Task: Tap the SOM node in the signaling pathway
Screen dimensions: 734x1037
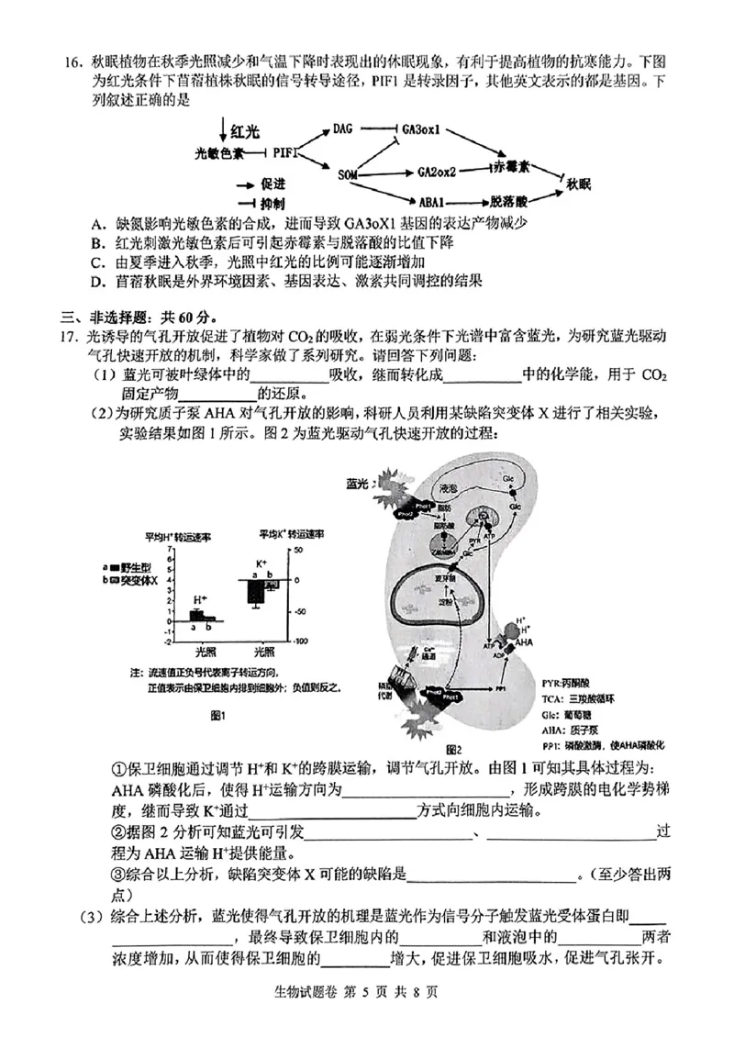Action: [x=347, y=173]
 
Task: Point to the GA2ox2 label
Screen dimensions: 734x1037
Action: [x=437, y=172]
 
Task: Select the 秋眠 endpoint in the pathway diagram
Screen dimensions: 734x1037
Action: [x=582, y=183]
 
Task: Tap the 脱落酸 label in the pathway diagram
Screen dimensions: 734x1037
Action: [x=508, y=200]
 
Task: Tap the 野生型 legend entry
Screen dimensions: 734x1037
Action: [x=144, y=568]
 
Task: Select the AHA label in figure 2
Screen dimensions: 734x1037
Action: [x=524, y=641]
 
